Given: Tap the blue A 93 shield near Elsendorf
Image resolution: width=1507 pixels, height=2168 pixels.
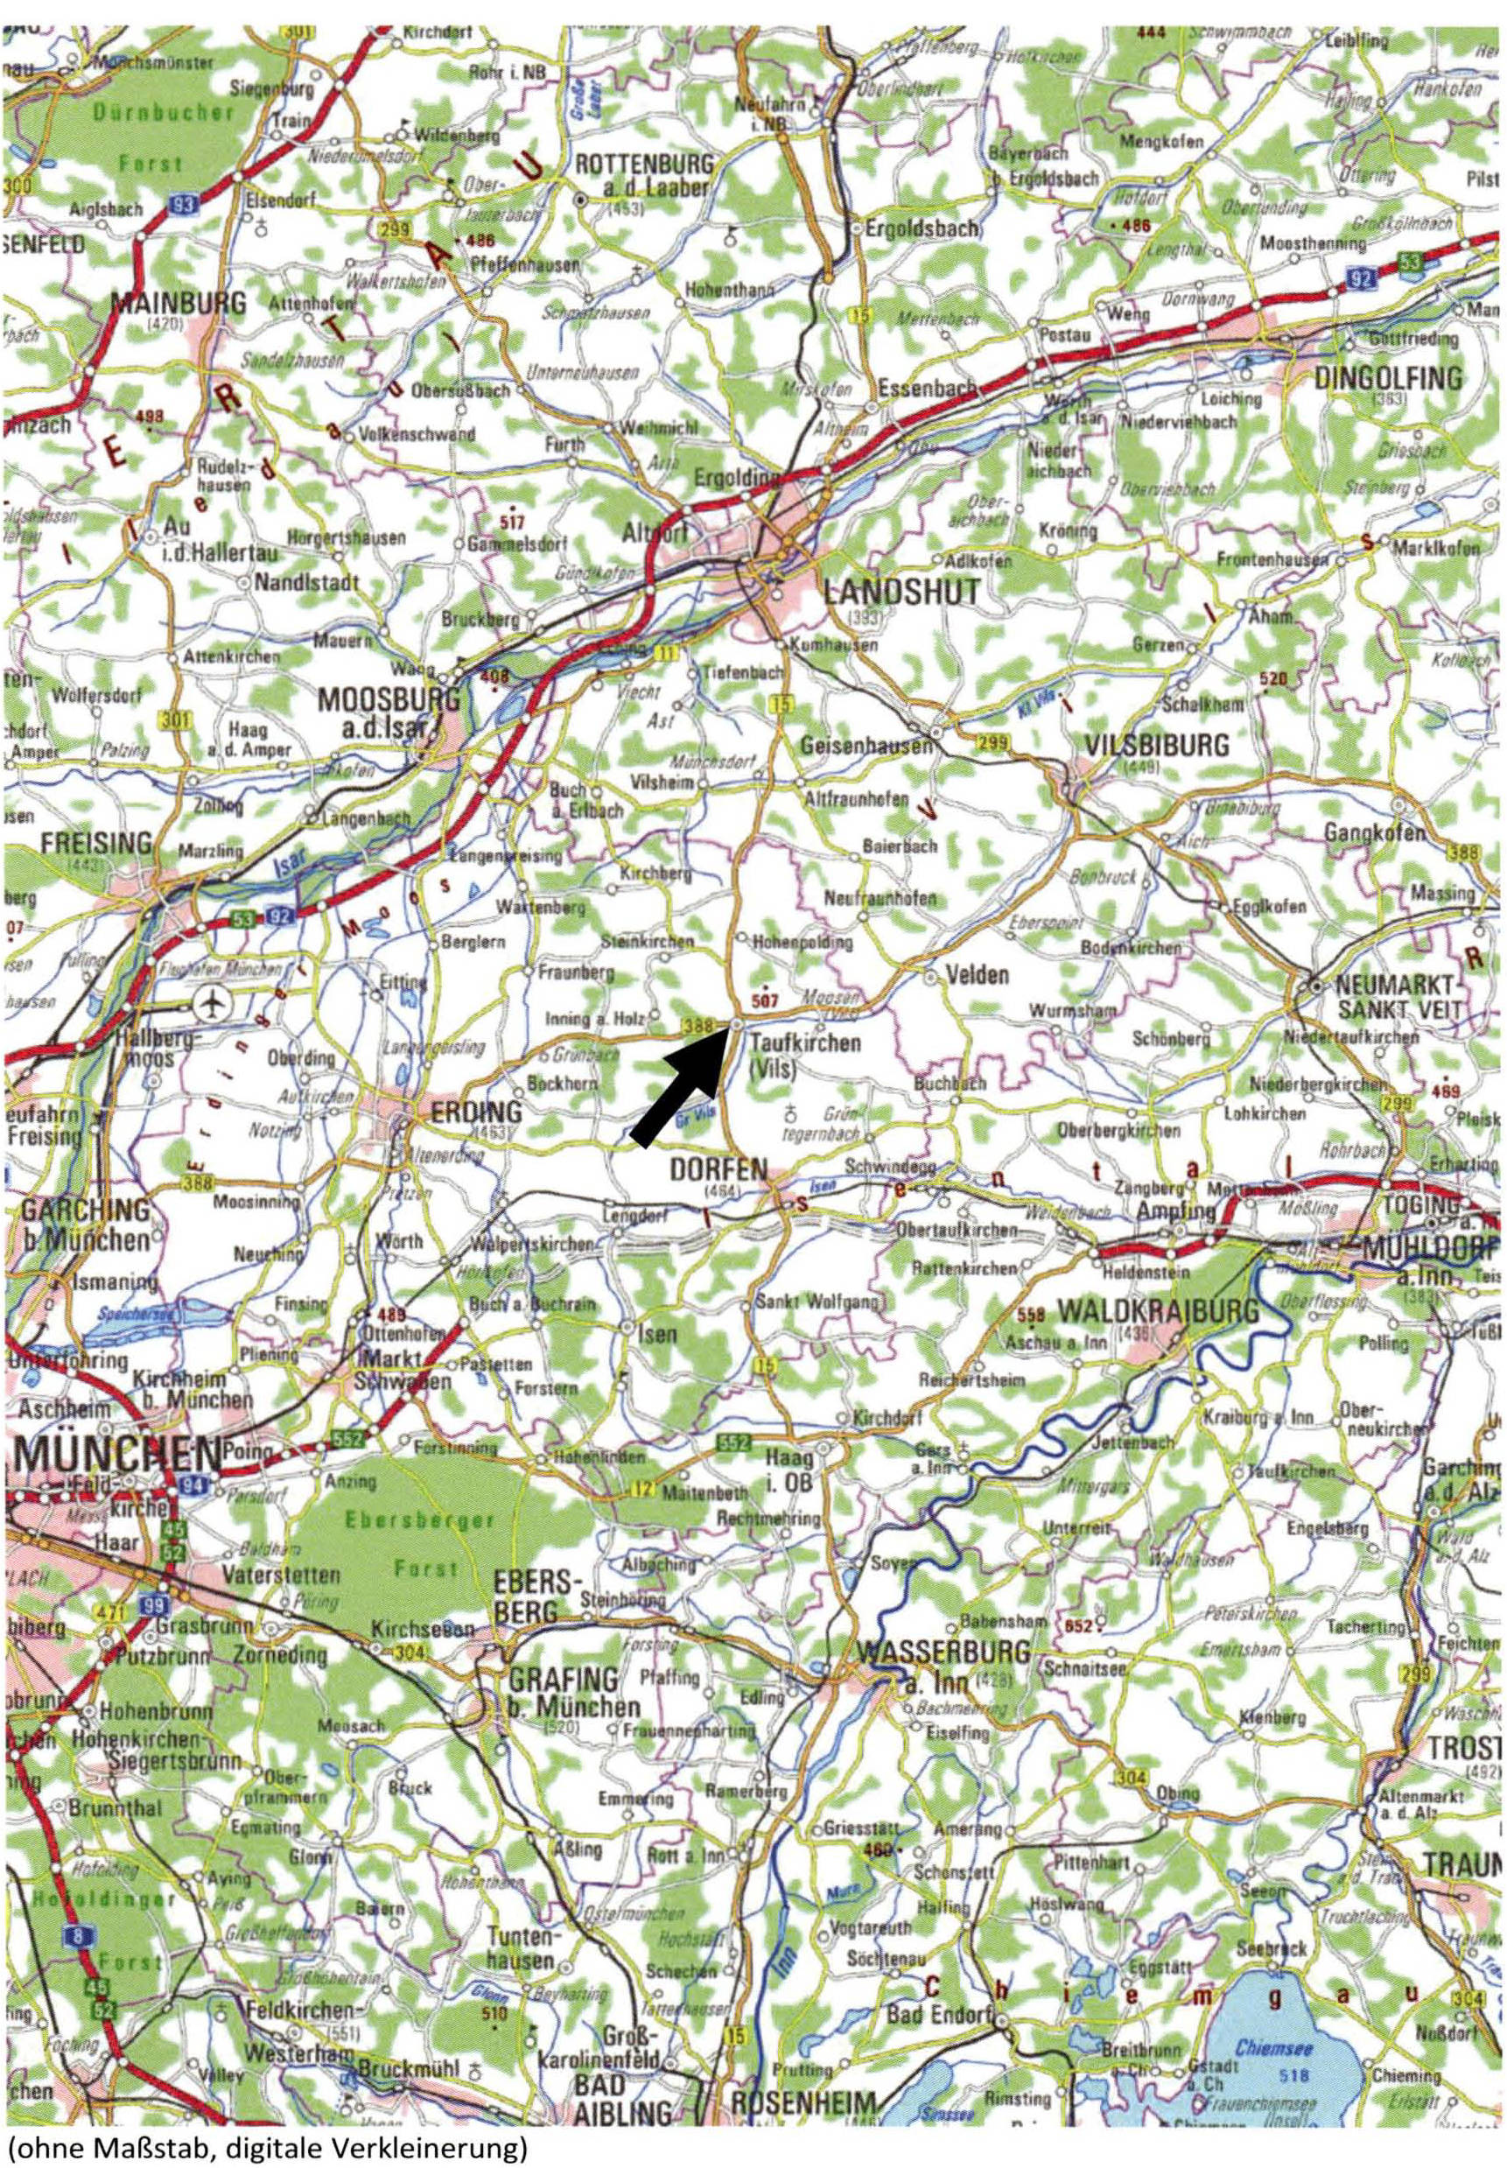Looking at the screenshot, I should click(187, 201).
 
